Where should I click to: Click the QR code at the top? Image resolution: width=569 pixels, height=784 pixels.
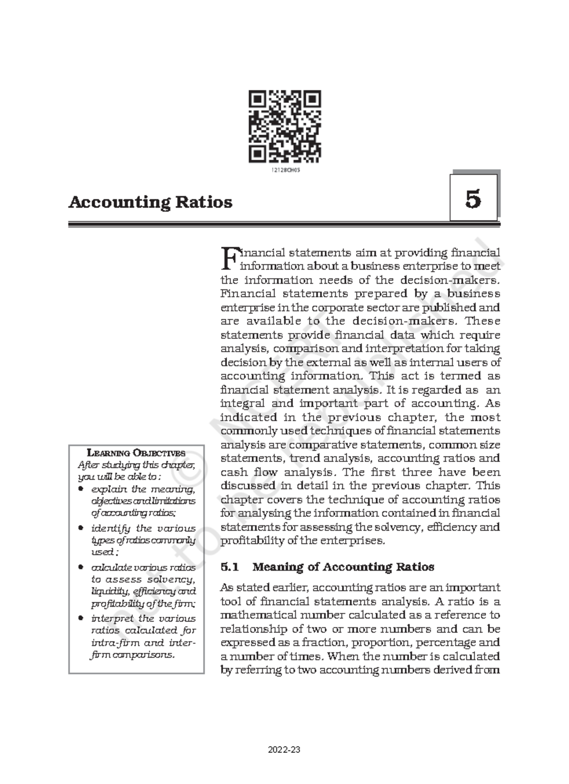284,126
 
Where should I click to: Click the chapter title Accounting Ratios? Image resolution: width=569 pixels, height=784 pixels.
150,202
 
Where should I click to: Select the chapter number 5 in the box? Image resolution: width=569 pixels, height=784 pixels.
473,199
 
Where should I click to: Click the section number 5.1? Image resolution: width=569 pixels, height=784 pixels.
231,567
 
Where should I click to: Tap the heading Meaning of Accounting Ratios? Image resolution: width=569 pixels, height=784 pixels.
343,567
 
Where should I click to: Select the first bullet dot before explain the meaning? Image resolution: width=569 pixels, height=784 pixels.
81,488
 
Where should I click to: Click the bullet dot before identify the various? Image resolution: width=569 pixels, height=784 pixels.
81,528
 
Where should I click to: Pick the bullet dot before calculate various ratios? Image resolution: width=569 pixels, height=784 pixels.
81,567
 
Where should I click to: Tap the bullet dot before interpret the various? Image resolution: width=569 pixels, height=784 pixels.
81,618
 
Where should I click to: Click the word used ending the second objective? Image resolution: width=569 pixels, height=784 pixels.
101,552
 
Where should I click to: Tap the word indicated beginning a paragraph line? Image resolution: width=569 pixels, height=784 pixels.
249,417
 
